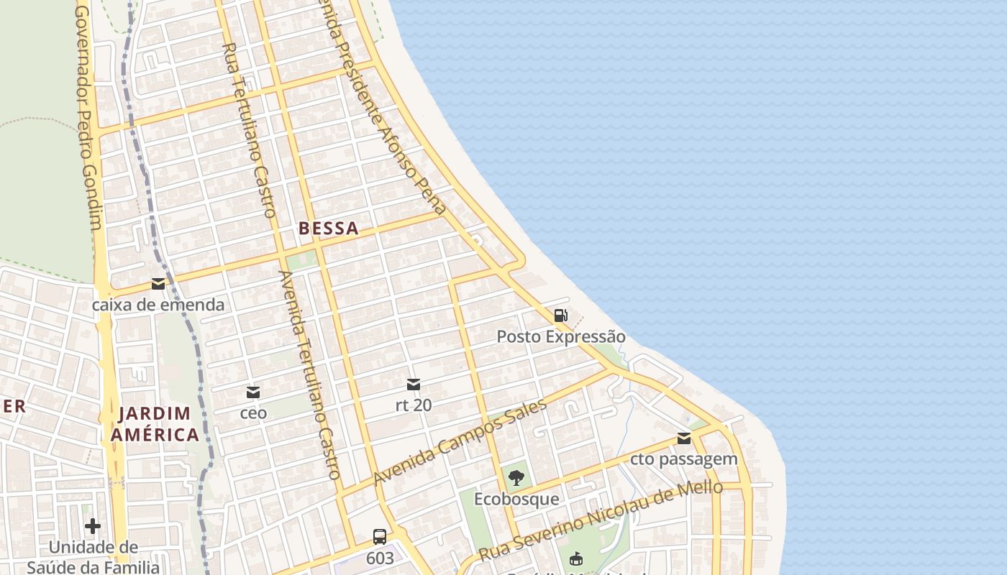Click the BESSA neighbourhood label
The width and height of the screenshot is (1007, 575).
(328, 229)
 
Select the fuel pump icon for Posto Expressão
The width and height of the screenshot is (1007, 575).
(560, 316)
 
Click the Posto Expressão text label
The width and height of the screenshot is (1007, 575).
(561, 336)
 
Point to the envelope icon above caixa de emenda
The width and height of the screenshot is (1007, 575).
(158, 284)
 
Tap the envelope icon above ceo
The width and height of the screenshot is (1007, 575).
(253, 392)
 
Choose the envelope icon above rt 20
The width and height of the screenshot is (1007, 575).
(414, 385)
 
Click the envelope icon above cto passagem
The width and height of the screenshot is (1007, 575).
(684, 438)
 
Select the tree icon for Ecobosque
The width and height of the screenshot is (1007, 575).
(516, 478)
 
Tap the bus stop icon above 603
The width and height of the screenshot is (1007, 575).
(380, 537)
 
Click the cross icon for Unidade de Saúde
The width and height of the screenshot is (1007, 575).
(93, 526)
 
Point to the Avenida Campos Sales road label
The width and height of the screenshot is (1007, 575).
(460, 441)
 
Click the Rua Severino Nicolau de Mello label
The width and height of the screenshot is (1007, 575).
(601, 520)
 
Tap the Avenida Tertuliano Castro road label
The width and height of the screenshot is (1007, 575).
(310, 374)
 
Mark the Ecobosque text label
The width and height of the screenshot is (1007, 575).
(516, 499)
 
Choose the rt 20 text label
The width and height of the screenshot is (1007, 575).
(414, 405)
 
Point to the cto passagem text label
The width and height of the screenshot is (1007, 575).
(684, 459)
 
